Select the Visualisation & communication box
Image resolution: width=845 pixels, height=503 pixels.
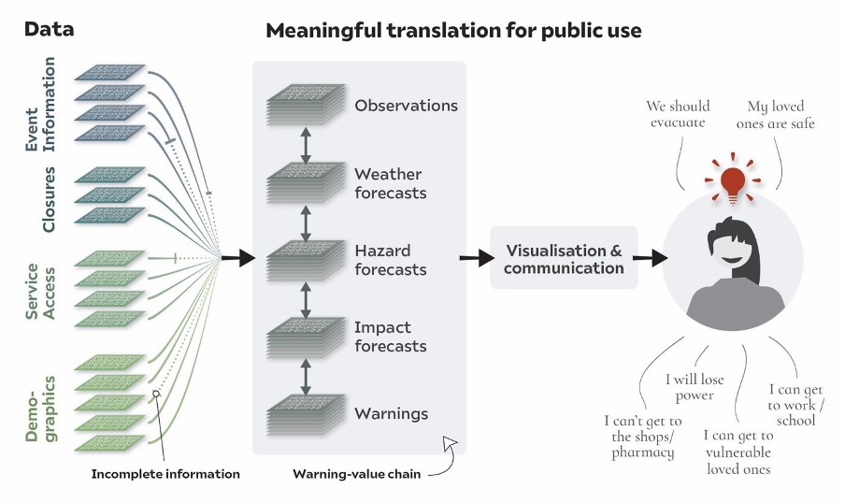point(564,258)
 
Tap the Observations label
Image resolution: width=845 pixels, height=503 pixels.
point(406,106)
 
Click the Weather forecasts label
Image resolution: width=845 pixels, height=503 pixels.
point(390,183)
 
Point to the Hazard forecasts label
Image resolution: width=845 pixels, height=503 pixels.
point(390,260)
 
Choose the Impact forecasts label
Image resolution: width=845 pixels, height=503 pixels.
point(390,337)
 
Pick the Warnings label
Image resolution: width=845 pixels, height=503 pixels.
point(391,413)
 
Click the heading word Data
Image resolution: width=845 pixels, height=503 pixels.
point(49,30)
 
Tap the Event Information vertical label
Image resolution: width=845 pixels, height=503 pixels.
point(41,105)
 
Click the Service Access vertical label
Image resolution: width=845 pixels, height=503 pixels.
point(41,291)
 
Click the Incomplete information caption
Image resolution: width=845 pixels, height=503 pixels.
point(165,474)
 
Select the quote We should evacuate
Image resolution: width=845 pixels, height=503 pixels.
point(680,115)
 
